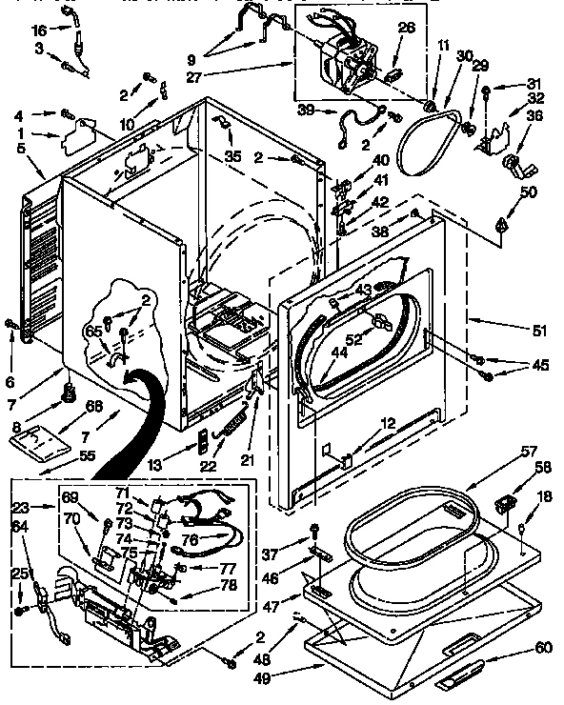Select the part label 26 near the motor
click(x=407, y=29)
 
